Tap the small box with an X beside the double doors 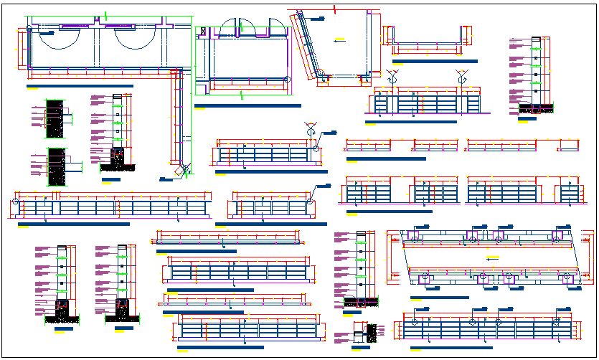(x=204, y=32)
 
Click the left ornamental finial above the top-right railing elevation (x=392, y=75)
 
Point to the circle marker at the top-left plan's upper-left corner (x=28, y=29)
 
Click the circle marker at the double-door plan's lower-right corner (x=286, y=80)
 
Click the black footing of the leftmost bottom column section (x=62, y=310)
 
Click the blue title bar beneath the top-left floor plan (x=79, y=86)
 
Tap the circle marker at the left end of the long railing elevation (x=16, y=203)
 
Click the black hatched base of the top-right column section (x=535, y=109)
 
